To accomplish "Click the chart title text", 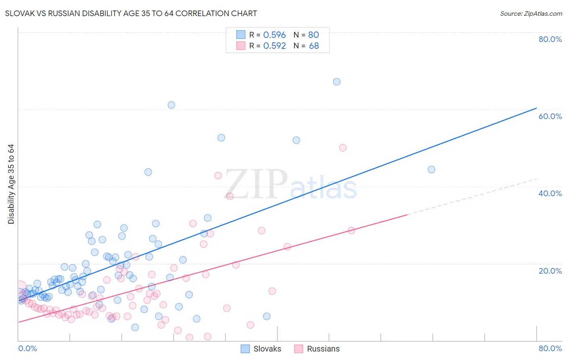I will point(131,13).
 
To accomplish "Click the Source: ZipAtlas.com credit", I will point(531,13).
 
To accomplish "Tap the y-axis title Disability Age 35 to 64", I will point(11,184).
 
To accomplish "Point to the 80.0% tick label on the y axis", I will point(550,39).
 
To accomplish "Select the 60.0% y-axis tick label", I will point(550,116).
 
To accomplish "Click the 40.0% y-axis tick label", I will point(550,193).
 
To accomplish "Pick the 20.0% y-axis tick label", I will point(550,270).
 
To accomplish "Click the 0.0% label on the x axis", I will point(27,348).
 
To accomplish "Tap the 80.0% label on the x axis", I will point(550,348).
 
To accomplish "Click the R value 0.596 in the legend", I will point(274,35).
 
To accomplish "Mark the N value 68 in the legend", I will point(314,46).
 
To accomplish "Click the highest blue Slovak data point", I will point(337,82).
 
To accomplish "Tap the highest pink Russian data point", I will point(343,148).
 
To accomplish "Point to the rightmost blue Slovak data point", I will point(432,170).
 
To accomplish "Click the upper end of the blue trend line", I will point(536,108).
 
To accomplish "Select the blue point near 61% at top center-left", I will point(171,105).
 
